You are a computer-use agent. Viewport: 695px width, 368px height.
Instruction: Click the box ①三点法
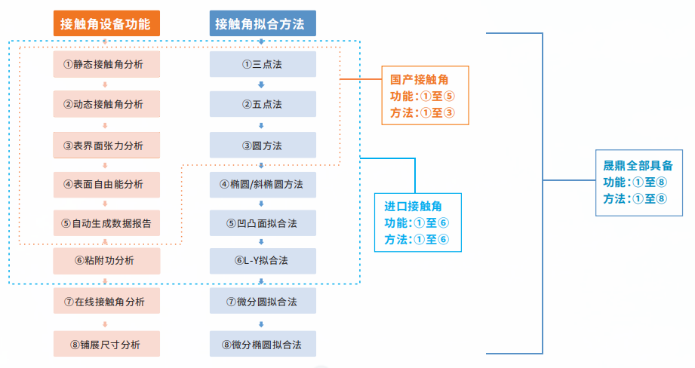[x=262, y=64]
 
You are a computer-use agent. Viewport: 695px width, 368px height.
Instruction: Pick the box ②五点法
[x=262, y=104]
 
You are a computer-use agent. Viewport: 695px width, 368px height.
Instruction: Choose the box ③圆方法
[x=262, y=145]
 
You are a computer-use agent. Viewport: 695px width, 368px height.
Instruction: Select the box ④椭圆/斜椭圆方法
[x=262, y=183]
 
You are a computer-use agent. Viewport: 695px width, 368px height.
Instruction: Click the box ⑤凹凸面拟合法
[x=262, y=222]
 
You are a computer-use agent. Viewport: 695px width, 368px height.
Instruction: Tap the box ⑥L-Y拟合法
[x=262, y=261]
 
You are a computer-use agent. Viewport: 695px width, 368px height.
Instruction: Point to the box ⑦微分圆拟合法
[x=262, y=302]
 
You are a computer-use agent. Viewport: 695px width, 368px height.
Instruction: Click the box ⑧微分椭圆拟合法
[x=262, y=344]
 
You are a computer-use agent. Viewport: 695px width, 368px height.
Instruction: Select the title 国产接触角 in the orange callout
[x=420, y=78]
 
